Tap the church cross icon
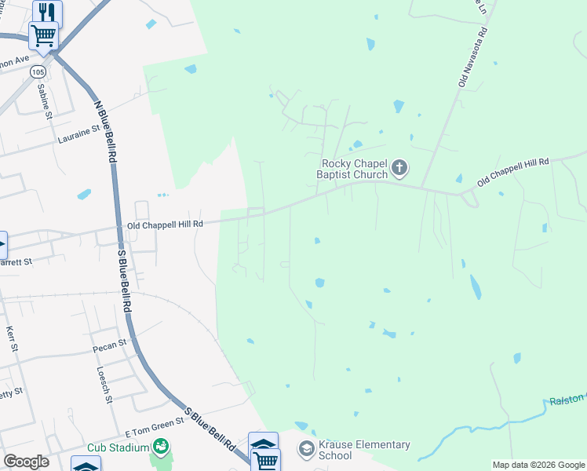[x=400, y=166]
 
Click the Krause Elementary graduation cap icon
[x=307, y=450]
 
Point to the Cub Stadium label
[x=118, y=447]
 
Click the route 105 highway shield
[x=38, y=71]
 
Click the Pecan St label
[x=111, y=345]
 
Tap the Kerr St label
[x=10, y=339]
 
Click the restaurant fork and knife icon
[x=47, y=12]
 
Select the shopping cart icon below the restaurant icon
[x=43, y=35]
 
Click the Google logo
[x=26, y=462]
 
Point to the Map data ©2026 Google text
[x=538, y=465]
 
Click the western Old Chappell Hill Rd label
[x=165, y=224]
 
